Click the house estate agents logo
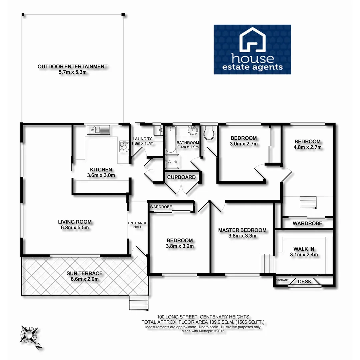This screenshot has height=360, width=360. point(252,49)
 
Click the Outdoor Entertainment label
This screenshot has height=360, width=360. point(72,69)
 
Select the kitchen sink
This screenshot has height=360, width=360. point(99,129)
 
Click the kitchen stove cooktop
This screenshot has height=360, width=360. point(124,147)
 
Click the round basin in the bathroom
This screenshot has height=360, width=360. point(193,131)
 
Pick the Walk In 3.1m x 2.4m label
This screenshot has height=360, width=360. point(305,252)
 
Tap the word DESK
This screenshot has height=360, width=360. point(304,282)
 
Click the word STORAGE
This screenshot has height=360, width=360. point(282,280)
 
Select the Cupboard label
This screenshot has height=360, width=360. point(181,177)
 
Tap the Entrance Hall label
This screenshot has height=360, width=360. point(135,225)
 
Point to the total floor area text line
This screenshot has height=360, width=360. point(203,322)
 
